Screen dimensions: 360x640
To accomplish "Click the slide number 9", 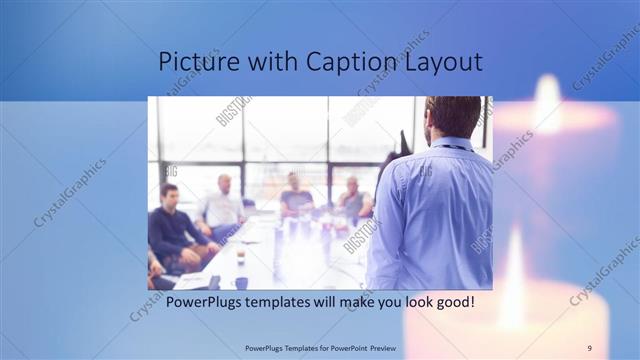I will (590, 348).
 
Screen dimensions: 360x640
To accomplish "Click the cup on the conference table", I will (241, 257).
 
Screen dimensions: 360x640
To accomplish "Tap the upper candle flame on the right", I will (548, 100).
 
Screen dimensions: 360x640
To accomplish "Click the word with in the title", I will (268, 62).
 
